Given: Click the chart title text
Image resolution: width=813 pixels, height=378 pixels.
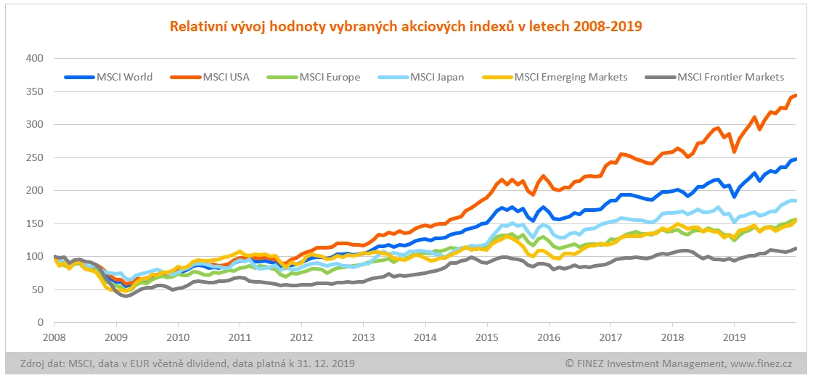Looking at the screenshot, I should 406,27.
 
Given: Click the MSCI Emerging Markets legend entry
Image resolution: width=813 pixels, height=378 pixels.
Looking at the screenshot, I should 570,77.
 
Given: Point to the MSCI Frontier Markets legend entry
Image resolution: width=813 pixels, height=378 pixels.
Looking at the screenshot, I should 730,77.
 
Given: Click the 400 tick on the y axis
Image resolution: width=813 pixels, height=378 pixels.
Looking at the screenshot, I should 35,58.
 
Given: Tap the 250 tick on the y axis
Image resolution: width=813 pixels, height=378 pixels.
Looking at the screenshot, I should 35,157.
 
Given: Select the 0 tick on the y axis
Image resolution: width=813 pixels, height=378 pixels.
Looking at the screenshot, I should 41,322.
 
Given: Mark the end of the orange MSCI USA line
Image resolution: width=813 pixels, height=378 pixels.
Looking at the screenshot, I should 796,95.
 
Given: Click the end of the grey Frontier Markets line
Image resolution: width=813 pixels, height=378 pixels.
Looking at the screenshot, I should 796,248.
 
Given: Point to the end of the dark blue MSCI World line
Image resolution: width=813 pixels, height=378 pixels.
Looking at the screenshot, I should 796,159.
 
